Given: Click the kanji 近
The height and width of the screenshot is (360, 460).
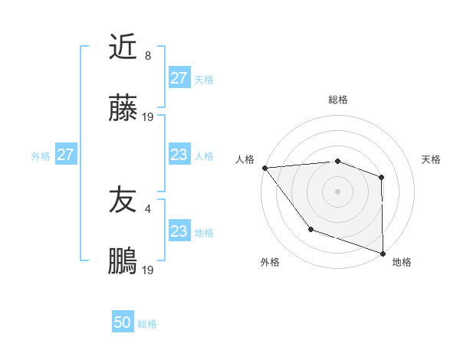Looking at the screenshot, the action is [x=123, y=47].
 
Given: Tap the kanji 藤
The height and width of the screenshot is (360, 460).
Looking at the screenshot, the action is [x=123, y=110].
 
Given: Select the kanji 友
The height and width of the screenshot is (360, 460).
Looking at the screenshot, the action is [x=123, y=200].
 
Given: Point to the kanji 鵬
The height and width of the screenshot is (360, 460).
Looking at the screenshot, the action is [x=123, y=262].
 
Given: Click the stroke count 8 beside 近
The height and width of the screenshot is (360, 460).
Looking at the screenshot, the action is [x=148, y=56].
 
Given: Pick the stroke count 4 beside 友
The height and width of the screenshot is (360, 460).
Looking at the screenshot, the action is [x=148, y=208].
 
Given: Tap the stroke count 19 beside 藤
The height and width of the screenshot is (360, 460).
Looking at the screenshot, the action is [x=148, y=117].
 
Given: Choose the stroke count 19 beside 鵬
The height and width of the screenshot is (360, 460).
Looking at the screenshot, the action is [x=148, y=270].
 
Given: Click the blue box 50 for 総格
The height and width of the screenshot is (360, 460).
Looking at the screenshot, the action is [x=123, y=322].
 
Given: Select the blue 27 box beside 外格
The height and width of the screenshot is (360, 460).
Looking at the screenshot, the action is [x=65, y=155].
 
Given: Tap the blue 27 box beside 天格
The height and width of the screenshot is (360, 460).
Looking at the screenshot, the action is [x=179, y=78].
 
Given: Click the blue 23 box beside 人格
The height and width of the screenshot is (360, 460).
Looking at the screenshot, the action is [x=179, y=155].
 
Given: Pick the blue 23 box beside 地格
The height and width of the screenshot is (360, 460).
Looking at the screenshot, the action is [x=179, y=231].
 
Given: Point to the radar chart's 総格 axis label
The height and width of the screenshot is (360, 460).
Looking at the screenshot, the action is [x=337, y=100].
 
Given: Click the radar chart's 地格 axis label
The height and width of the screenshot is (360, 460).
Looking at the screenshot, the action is [x=402, y=262].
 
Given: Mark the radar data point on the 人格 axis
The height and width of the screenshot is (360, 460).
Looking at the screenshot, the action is [x=264, y=168].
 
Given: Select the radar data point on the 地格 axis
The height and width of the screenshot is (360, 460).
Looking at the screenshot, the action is [x=383, y=253].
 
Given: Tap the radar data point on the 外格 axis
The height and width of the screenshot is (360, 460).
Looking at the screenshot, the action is [x=310, y=228].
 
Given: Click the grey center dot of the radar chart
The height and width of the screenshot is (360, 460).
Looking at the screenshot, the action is [x=337, y=191].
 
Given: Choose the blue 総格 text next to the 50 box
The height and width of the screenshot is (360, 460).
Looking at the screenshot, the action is [x=147, y=324].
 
